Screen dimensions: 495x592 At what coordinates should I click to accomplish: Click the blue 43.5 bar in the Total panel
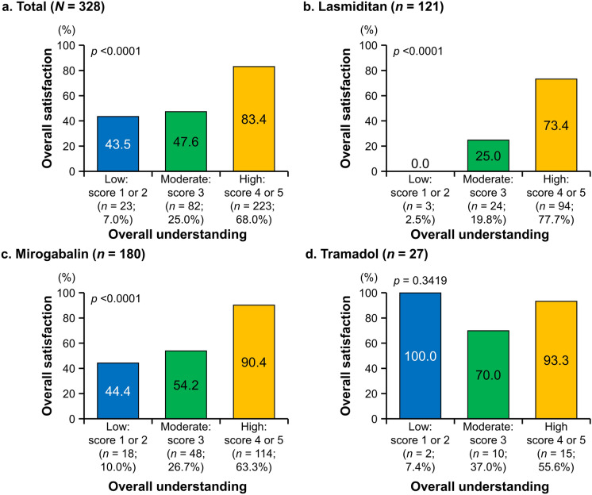119,144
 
